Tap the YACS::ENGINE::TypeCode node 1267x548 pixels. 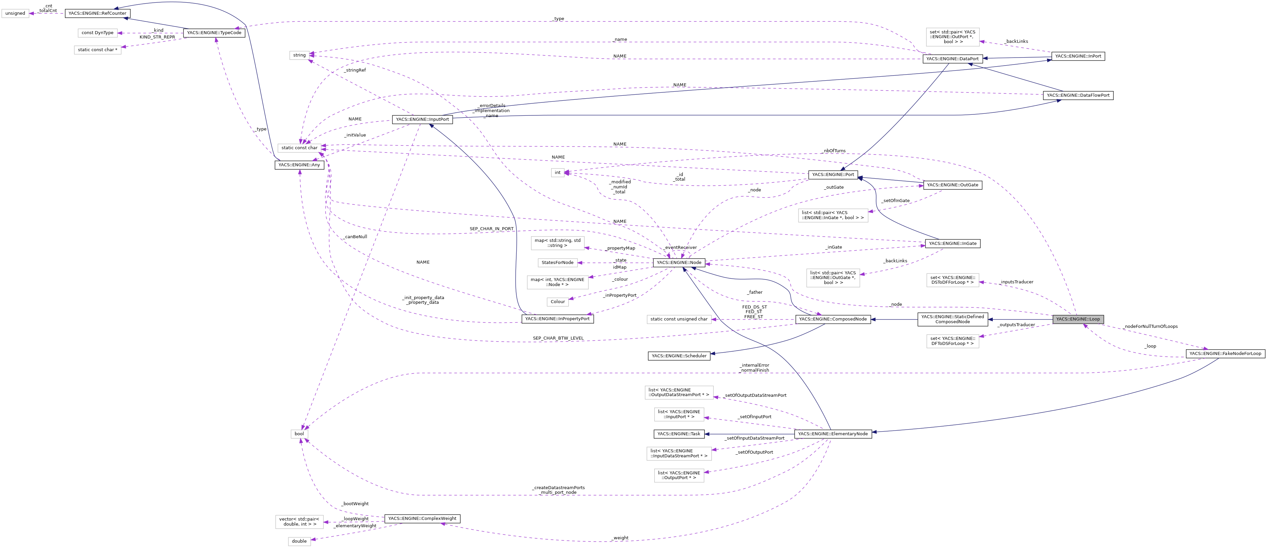214,33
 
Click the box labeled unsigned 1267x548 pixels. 15,13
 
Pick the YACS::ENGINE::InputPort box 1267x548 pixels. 422,119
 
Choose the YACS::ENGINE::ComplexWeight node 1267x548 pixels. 422,519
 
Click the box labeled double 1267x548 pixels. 299,541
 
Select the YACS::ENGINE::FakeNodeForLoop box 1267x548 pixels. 1225,353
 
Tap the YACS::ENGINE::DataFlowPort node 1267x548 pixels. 1077,95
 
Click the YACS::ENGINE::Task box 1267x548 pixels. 679,434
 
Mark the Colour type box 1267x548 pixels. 558,302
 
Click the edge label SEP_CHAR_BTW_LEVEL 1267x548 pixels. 558,338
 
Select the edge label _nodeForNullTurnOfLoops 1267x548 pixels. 1150,326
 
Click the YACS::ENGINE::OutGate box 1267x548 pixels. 952,185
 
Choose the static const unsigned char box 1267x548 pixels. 679,319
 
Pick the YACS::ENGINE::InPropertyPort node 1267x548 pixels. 557,319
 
